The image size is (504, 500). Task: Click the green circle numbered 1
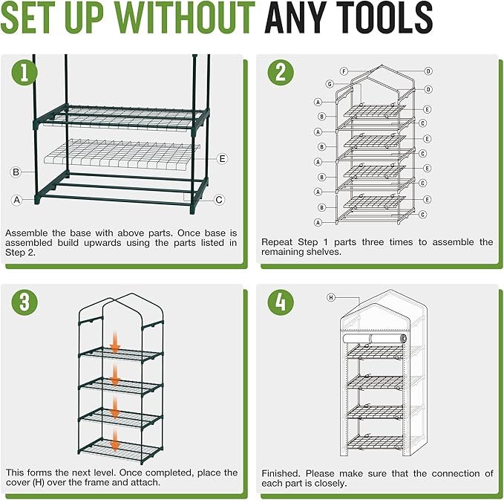24,72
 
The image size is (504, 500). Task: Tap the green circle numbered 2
281,72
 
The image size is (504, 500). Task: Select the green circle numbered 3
24,302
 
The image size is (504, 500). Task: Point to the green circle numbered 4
281,302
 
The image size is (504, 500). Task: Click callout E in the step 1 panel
222,159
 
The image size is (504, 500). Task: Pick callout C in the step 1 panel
219,200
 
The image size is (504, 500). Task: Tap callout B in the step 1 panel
16,172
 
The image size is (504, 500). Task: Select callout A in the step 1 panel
17,200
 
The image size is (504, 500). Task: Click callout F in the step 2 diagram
344,71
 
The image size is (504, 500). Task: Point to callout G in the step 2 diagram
330,84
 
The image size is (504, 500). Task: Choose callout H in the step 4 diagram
331,297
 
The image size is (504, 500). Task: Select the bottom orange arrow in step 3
115,441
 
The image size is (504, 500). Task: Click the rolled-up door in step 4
375,339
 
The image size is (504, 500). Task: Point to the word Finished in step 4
281,473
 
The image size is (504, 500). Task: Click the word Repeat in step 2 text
277,242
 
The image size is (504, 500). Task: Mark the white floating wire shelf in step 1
122,155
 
